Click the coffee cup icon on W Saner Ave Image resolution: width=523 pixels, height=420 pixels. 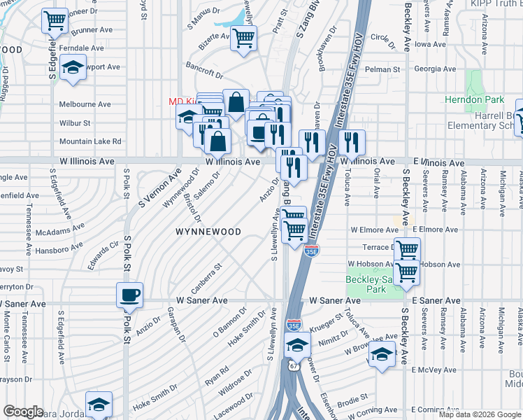(x=130, y=295)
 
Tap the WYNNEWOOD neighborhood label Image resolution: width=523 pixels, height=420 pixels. (x=208, y=232)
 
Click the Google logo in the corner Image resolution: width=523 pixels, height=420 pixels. (x=23, y=411)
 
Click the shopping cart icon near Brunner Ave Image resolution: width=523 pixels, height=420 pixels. (x=55, y=21)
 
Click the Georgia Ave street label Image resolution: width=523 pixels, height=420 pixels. (x=434, y=69)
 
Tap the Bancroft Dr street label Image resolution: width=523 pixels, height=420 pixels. (x=205, y=70)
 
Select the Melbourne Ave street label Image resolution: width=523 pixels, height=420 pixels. (x=85, y=104)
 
